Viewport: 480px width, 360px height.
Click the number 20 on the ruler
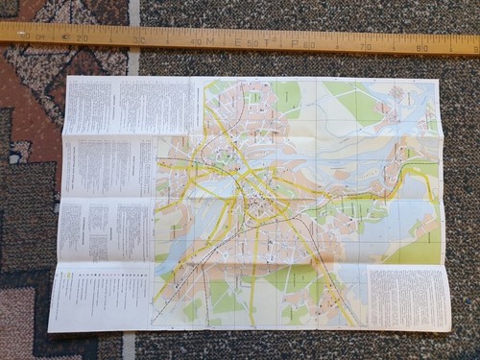tap(83, 37)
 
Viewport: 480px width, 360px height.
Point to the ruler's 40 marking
tap(195, 40)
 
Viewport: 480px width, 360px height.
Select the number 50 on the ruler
tap(252, 42)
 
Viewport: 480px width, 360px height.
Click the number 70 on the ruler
tap(366, 45)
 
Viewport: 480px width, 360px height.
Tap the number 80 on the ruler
tap(422, 46)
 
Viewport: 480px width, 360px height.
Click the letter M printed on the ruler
tap(209, 40)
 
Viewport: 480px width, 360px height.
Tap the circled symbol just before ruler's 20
tap(65, 36)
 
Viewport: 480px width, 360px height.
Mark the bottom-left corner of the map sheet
tap(49, 331)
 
